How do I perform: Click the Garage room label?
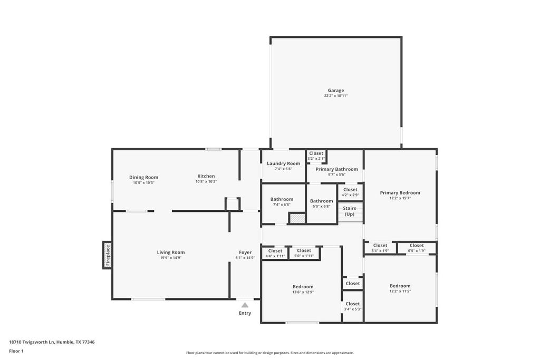pyautogui.click(x=335, y=90)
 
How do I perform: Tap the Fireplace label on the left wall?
pyautogui.click(x=108, y=255)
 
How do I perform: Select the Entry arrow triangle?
pyautogui.click(x=245, y=305)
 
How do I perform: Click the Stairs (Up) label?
pyautogui.click(x=350, y=211)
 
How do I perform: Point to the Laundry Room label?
pyautogui.click(x=283, y=163)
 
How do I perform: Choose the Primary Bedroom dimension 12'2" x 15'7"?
pyautogui.click(x=400, y=199)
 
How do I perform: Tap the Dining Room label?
pyautogui.click(x=143, y=177)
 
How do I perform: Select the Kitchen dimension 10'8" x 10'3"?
pyautogui.click(x=206, y=181)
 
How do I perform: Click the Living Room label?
pyautogui.click(x=170, y=252)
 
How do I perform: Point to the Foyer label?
pyautogui.click(x=245, y=252)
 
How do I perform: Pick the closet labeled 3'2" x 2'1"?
pyautogui.click(x=316, y=156)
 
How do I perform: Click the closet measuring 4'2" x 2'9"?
pyautogui.click(x=350, y=192)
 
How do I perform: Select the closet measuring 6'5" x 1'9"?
pyautogui.click(x=417, y=248)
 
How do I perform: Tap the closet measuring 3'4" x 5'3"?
pyautogui.click(x=353, y=306)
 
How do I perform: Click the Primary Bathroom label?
pyautogui.click(x=336, y=169)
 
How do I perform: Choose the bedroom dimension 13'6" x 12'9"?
pyautogui.click(x=303, y=292)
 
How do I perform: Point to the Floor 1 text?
pyautogui.click(x=16, y=351)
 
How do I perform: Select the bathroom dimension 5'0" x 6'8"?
pyautogui.click(x=321, y=206)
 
